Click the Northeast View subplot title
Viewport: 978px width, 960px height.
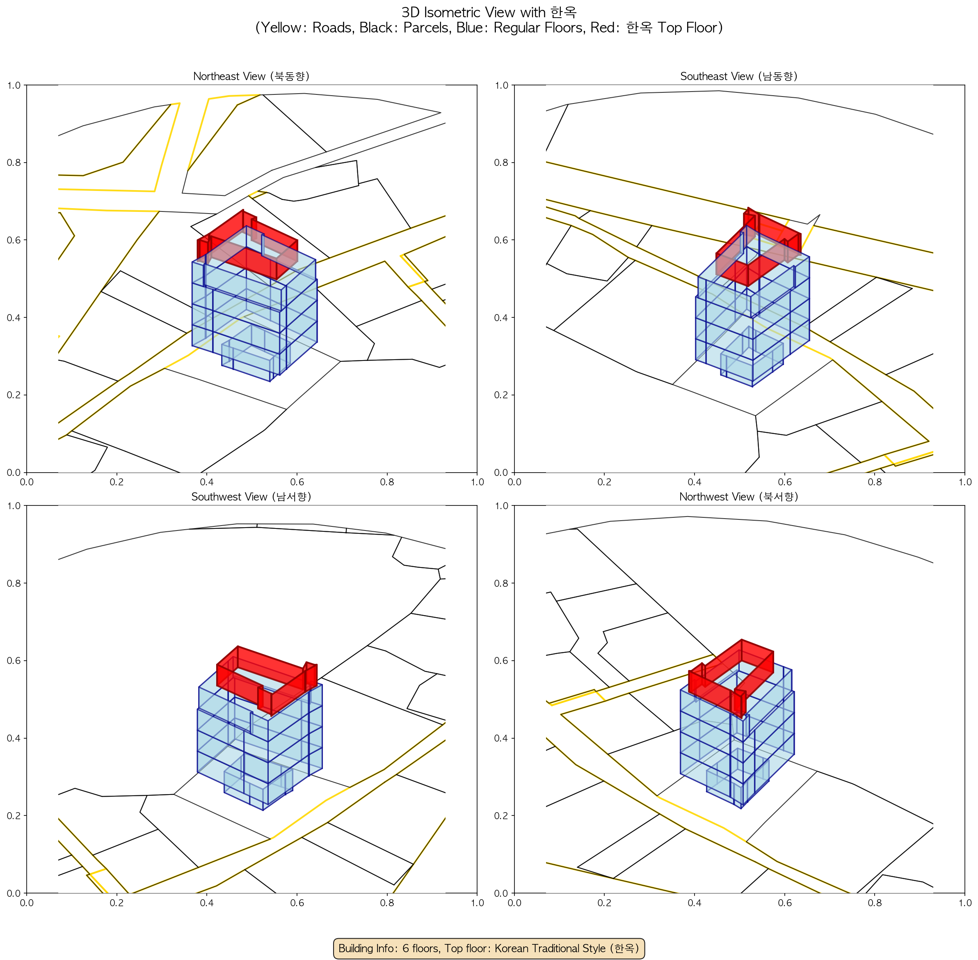pyautogui.click(x=251, y=76)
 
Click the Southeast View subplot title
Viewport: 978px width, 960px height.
pyautogui.click(x=739, y=76)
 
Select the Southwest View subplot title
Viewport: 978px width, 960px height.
pyautogui.click(x=251, y=497)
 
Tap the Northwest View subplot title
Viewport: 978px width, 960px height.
pyautogui.click(x=739, y=497)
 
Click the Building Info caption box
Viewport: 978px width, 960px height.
pyautogui.click(x=489, y=948)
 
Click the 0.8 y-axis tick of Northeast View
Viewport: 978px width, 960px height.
pyautogui.click(x=14, y=162)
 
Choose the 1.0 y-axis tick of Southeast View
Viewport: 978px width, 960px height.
pyautogui.click(x=501, y=85)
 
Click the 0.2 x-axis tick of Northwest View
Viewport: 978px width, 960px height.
pyautogui.click(x=605, y=902)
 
